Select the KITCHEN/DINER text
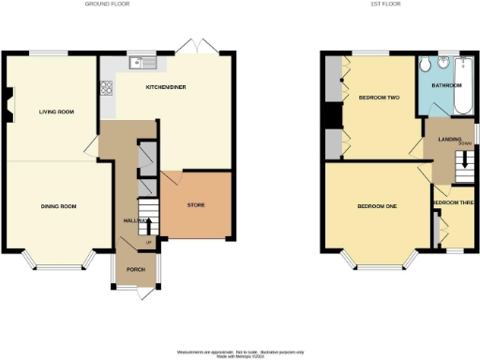tap(164, 85)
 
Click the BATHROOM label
tap(446, 85)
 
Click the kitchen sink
tap(143, 64)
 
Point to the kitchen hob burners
tap(105, 89)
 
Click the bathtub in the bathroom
tap(462, 85)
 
